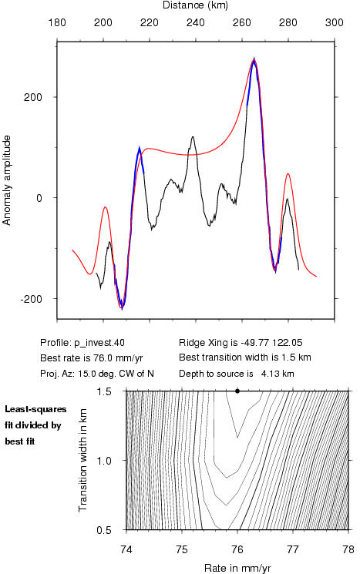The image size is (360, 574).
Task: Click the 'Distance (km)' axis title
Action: [x=195, y=5]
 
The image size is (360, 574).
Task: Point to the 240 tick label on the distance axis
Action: [x=196, y=22]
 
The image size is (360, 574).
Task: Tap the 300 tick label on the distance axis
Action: [x=334, y=22]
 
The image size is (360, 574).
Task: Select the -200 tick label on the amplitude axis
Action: [x=31, y=299]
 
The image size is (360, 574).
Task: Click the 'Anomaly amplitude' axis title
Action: [x=7, y=180]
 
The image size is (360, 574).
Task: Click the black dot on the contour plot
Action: [x=237, y=391]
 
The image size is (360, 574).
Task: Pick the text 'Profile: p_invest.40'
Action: [x=82, y=343]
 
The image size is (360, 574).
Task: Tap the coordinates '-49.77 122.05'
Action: [x=271, y=343]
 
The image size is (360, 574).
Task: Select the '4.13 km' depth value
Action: [x=278, y=374]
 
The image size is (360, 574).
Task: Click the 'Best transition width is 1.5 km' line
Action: [x=244, y=357]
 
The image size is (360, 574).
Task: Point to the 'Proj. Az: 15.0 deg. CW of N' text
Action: [x=97, y=374]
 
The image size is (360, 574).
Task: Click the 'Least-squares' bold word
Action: [x=35, y=409]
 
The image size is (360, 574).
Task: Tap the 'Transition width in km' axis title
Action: [x=82, y=460]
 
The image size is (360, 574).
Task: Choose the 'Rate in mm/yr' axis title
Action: [x=237, y=568]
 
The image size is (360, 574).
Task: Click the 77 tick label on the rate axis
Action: [x=293, y=549]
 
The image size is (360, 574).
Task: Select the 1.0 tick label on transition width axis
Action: [x=104, y=460]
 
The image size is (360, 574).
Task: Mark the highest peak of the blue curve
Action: [x=254, y=59]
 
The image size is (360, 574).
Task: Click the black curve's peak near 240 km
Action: [x=193, y=137]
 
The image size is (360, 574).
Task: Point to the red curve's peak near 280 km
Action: [x=288, y=173]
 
